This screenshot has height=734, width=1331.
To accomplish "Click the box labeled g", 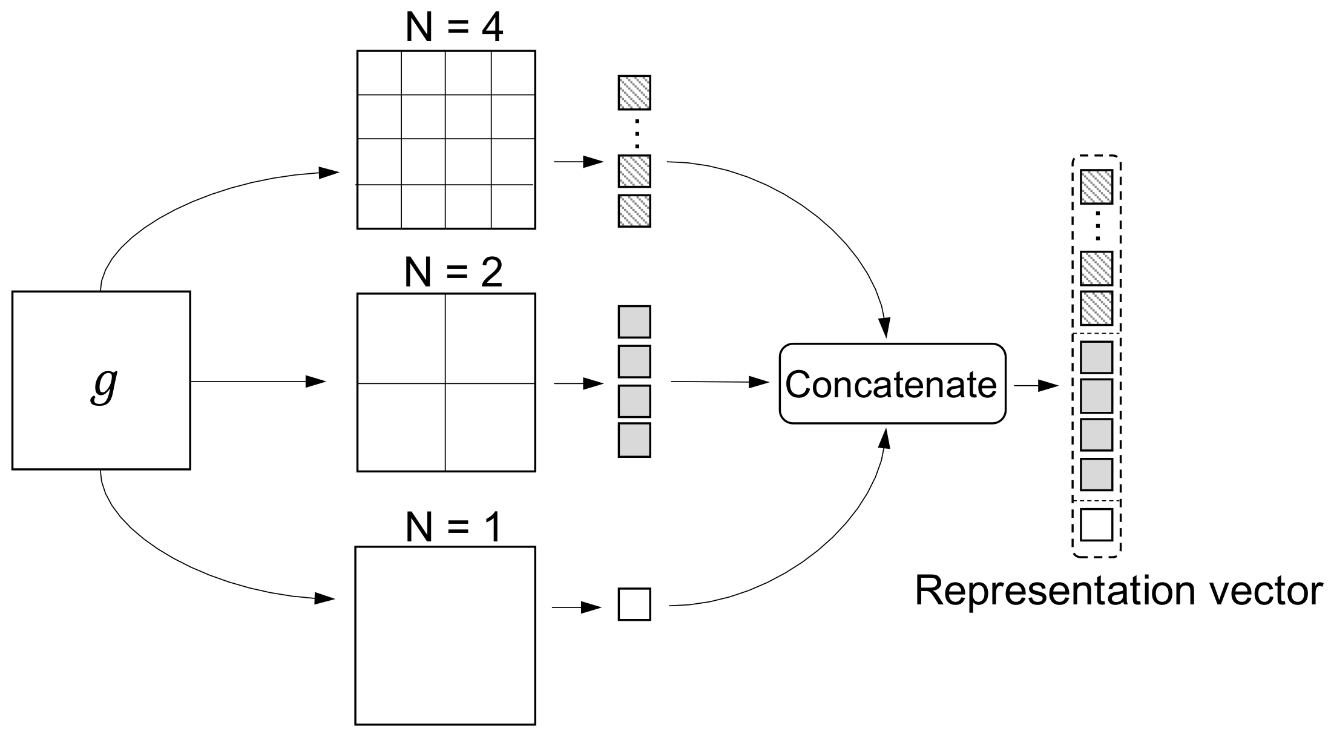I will (101, 380).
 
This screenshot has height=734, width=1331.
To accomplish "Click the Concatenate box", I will (892, 383).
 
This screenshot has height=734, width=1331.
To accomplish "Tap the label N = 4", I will (454, 27).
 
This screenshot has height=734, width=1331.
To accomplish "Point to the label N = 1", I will (454, 527).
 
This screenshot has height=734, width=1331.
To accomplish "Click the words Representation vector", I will (1117, 590).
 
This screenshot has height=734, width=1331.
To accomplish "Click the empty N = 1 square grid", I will (445, 635).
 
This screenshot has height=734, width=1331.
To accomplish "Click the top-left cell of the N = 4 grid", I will (379, 73).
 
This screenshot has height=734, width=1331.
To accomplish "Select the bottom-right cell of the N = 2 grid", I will (490, 427).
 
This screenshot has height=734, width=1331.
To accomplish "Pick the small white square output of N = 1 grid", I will (634, 604).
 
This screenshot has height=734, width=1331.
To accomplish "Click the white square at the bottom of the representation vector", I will (1096, 524).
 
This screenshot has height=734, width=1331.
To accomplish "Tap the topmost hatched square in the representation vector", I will (1096, 187).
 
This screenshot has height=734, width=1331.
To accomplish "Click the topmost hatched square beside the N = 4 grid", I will (634, 93).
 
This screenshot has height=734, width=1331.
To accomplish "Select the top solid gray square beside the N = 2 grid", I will (634, 322).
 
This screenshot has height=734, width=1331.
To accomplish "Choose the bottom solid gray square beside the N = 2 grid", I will (634, 440).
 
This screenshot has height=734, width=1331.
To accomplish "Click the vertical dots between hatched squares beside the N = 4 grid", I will (636, 133).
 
